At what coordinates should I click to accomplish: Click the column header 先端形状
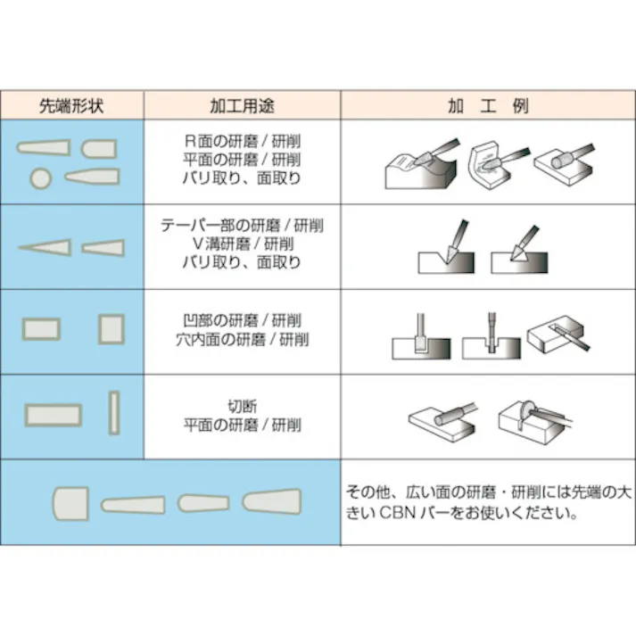pos(72,105)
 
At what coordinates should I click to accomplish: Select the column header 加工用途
pos(242,105)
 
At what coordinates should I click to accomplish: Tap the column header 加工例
pos(488,105)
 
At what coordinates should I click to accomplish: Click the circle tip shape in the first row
pos(40,178)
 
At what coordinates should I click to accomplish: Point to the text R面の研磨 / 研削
pos(242,140)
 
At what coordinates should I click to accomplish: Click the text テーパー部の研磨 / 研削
pos(242,225)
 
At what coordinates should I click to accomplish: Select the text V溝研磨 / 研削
pos(242,244)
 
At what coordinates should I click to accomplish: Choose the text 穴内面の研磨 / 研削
pos(242,339)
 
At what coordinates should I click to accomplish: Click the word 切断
pos(242,407)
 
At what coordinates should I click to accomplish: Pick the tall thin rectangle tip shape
pos(113,414)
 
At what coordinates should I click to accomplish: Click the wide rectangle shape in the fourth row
pos(54,415)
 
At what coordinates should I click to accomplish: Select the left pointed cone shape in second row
pos(45,247)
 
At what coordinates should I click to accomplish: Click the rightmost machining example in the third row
pos(558,335)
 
